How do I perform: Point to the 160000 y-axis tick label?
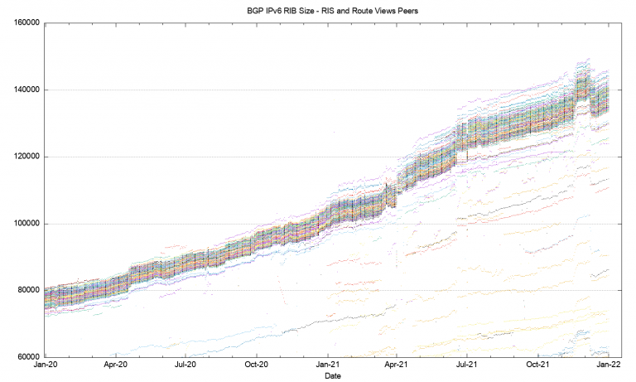(x=25, y=23)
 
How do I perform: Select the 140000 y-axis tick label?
(x=25, y=89)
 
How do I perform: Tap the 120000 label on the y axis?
(x=25, y=157)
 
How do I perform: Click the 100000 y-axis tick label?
(x=25, y=224)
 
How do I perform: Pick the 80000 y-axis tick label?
(x=27, y=290)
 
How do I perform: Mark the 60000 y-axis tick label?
(x=27, y=357)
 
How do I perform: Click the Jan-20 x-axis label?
(x=45, y=365)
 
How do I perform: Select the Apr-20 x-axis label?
(x=115, y=365)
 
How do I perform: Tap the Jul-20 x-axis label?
(x=185, y=365)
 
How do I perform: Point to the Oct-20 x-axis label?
(x=257, y=365)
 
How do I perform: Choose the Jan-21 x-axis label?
(x=328, y=365)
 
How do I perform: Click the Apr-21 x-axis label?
(x=397, y=365)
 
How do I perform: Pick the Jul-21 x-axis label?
(x=468, y=365)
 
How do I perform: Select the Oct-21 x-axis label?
(x=539, y=365)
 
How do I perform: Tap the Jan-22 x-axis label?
(x=610, y=365)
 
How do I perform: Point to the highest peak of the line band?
(x=588, y=60)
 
